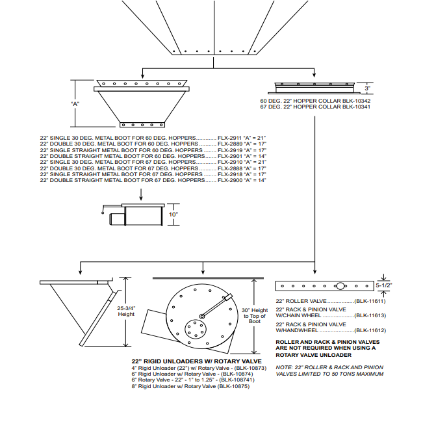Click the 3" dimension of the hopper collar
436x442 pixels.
pos(367,88)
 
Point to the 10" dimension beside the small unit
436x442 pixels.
pos(173,214)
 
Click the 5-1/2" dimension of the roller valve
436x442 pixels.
pos(383,285)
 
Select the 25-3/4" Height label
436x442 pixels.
pos(126,311)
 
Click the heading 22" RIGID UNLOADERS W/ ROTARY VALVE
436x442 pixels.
pos(196,361)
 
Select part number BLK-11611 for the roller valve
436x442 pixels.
pos(370,302)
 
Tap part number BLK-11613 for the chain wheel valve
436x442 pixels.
pos(370,315)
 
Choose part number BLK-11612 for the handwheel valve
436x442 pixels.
pos(370,330)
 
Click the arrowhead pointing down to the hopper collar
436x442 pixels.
pos(314,77)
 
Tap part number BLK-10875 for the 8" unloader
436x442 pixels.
pos(233,386)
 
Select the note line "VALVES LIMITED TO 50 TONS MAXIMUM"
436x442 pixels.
pos(329,374)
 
